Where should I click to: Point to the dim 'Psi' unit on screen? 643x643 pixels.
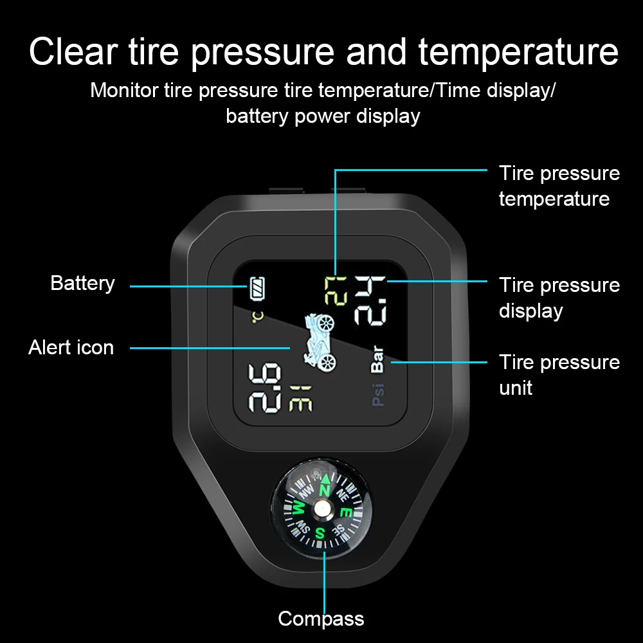click(377, 394)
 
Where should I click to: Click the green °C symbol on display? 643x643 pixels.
click(257, 317)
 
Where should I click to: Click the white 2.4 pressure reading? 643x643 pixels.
click(370, 300)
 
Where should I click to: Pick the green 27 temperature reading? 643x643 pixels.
click(336, 290)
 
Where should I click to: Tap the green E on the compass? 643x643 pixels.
click(346, 512)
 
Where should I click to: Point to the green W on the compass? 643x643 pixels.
click(299, 509)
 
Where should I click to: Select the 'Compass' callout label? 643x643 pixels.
click(321, 619)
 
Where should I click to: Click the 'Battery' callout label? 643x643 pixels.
click(82, 283)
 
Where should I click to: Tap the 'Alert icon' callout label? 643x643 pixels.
click(71, 347)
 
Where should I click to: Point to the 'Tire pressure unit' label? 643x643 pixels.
click(559, 375)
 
